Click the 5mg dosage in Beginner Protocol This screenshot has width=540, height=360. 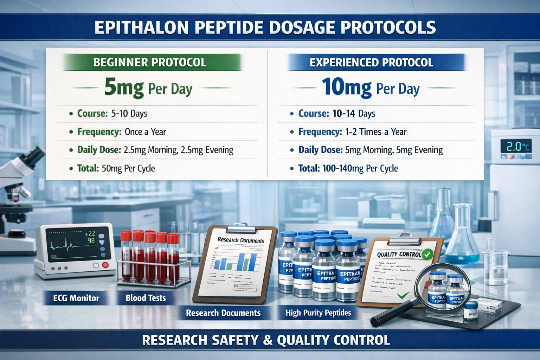[124, 88]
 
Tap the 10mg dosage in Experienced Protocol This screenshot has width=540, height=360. [347, 87]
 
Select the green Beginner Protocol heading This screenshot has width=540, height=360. [150, 63]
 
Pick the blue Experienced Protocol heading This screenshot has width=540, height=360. [371, 63]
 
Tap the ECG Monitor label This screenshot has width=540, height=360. [76, 298]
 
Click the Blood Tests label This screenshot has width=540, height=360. [146, 298]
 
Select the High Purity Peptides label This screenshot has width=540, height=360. [318, 313]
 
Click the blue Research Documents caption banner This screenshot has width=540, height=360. [223, 313]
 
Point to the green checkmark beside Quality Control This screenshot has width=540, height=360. [427, 254]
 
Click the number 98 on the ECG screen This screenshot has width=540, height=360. [91, 241]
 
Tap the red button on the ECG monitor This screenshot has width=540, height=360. [105, 265]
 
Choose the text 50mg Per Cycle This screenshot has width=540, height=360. [128, 168]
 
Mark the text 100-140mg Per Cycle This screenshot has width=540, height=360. [360, 168]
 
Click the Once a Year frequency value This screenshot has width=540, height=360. [145, 132]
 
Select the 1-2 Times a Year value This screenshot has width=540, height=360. [375, 132]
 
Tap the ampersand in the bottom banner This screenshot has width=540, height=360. [268, 340]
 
